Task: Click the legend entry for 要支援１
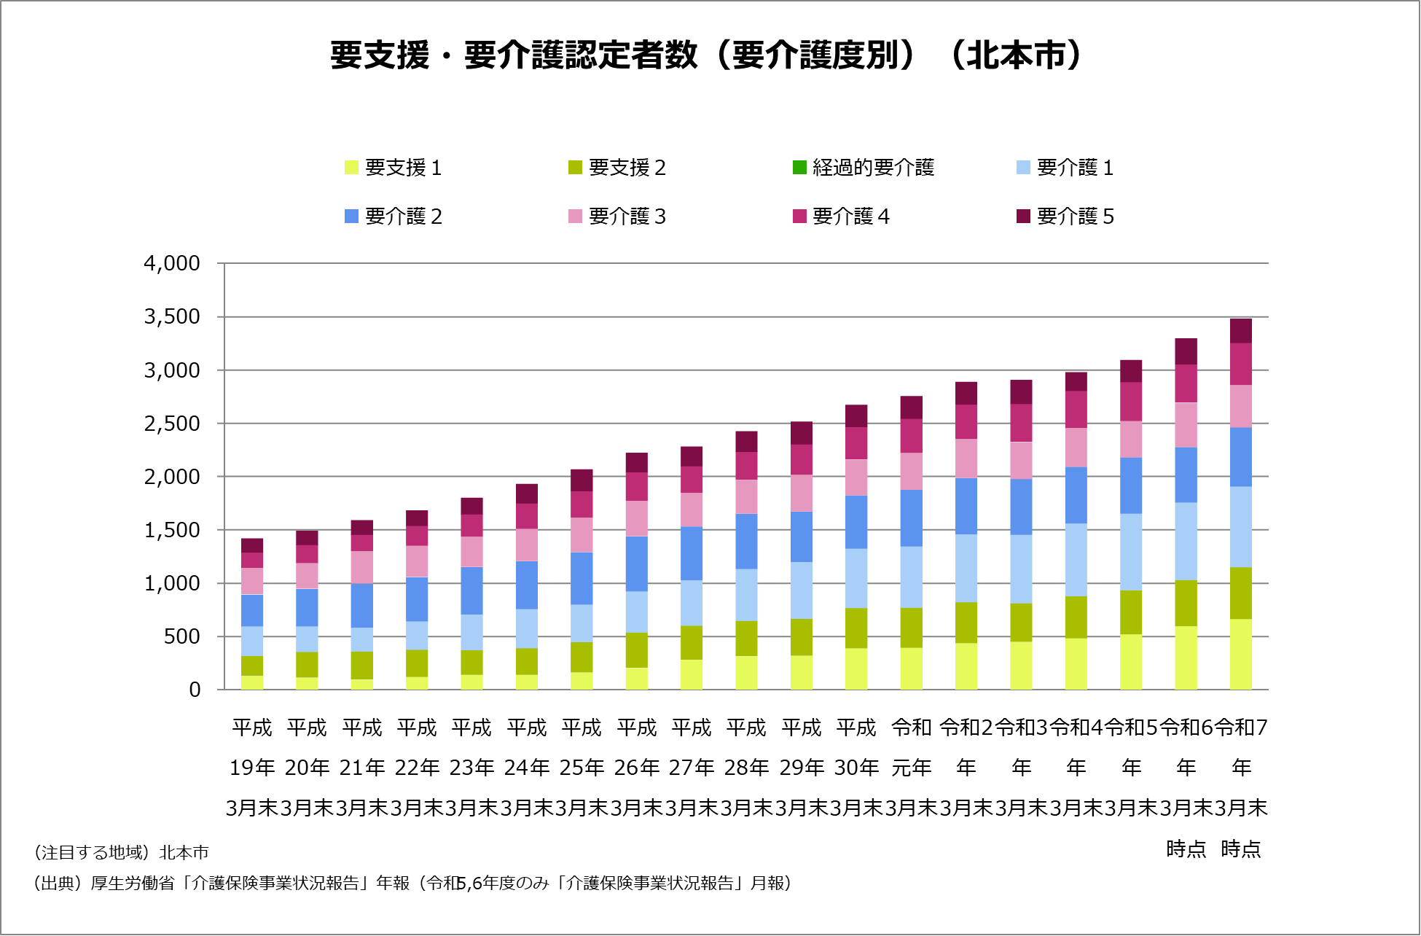(394, 168)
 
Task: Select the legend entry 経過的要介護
(864, 168)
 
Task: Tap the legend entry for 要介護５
(1065, 217)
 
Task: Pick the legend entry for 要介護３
(617, 217)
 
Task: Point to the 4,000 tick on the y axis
(172, 263)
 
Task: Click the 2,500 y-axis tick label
(172, 424)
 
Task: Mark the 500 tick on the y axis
(181, 636)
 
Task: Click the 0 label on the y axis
(195, 690)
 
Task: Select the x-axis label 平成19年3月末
(252, 767)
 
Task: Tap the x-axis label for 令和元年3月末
(912, 767)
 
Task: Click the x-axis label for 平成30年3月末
(856, 767)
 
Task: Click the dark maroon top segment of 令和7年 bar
(1241, 330)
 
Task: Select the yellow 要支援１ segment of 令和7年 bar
(1241, 654)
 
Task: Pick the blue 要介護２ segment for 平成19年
(252, 610)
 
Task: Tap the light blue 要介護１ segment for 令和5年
(1131, 552)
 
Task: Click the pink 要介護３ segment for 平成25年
(582, 534)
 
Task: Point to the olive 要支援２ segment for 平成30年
(856, 628)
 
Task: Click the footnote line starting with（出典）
(412, 883)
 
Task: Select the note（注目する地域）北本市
(121, 852)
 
